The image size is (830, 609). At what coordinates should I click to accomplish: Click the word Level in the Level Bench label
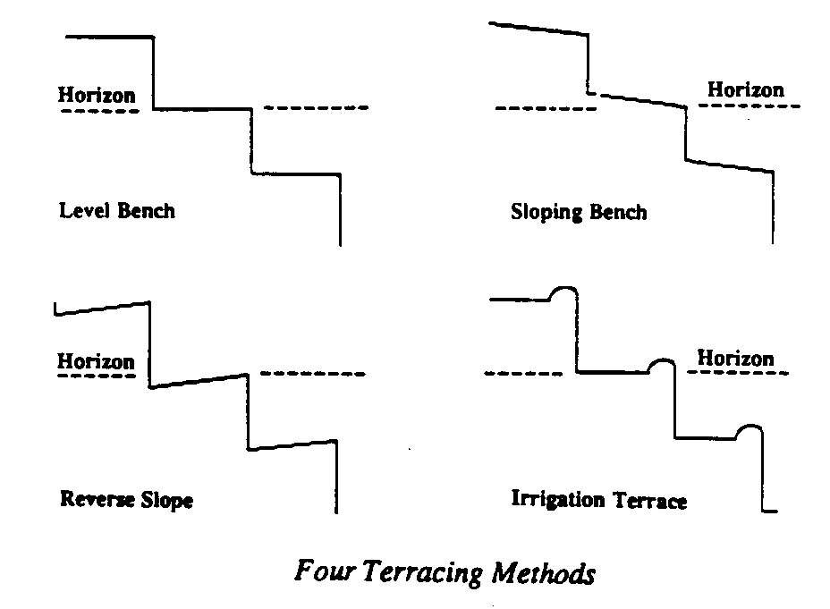79,211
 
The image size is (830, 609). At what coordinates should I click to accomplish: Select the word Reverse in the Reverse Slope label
90,499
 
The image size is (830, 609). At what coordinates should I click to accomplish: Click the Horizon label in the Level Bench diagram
98,94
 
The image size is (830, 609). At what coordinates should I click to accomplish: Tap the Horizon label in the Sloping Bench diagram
745,89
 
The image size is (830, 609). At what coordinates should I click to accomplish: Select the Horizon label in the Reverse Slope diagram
96,361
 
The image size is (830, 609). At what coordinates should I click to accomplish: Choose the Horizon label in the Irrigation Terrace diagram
735,359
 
